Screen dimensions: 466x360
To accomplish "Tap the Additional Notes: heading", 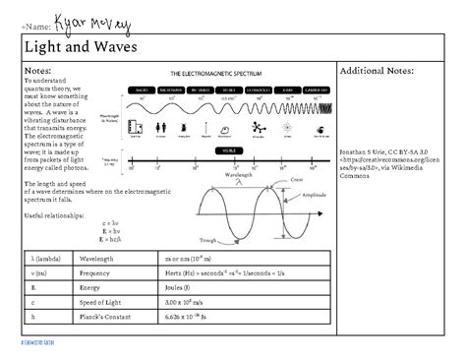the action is point(378,71).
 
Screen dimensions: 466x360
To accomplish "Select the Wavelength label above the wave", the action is point(239,174).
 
